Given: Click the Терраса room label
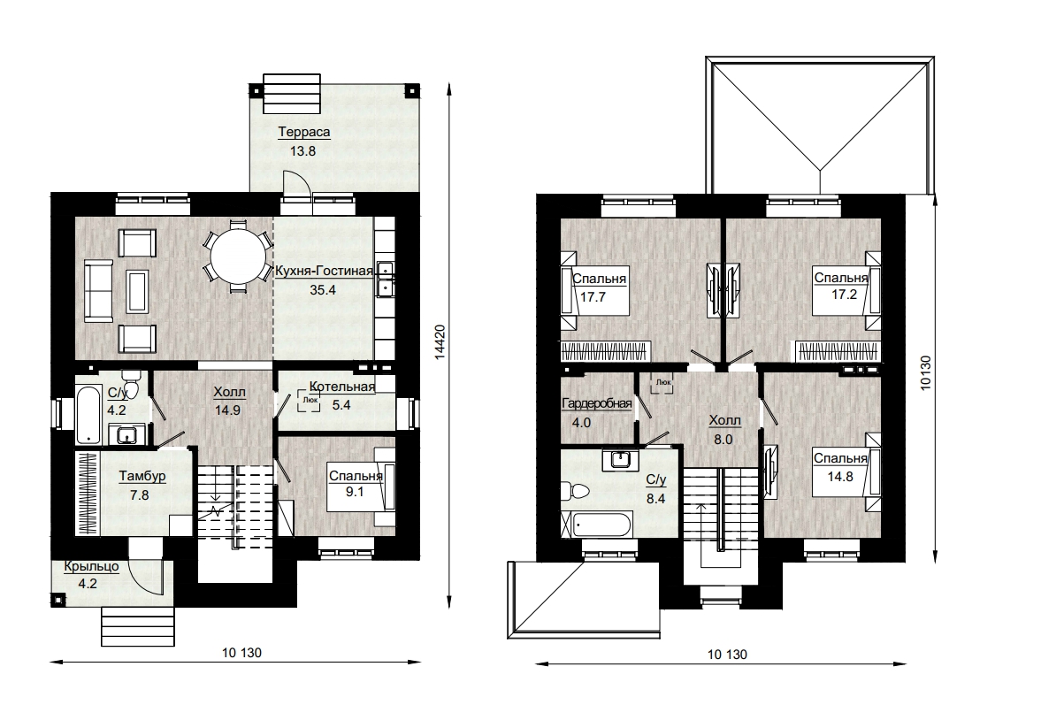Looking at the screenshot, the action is tap(303, 132).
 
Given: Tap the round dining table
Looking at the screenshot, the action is tap(238, 256).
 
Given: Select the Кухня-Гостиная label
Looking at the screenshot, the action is tap(324, 271).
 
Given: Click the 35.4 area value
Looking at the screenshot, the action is tap(323, 289).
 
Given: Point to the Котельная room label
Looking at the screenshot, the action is tap(342, 387).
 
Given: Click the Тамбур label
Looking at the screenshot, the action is tap(142, 476).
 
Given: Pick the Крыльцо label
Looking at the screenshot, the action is tap(92, 567).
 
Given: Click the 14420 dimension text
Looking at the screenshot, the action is tap(440, 342).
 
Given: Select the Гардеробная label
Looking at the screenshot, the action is tap(597, 403).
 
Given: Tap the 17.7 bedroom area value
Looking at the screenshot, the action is tap(593, 297).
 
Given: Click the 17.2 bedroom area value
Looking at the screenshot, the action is tap(845, 295).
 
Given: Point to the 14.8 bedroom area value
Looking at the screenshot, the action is tap(840, 476).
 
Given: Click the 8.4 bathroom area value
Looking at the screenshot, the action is tap(656, 498).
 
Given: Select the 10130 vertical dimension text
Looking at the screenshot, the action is tap(926, 373).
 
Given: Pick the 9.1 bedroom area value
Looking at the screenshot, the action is tap(355, 492).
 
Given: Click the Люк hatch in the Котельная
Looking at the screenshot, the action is tap(310, 401).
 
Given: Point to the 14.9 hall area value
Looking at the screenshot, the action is tap(227, 410).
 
